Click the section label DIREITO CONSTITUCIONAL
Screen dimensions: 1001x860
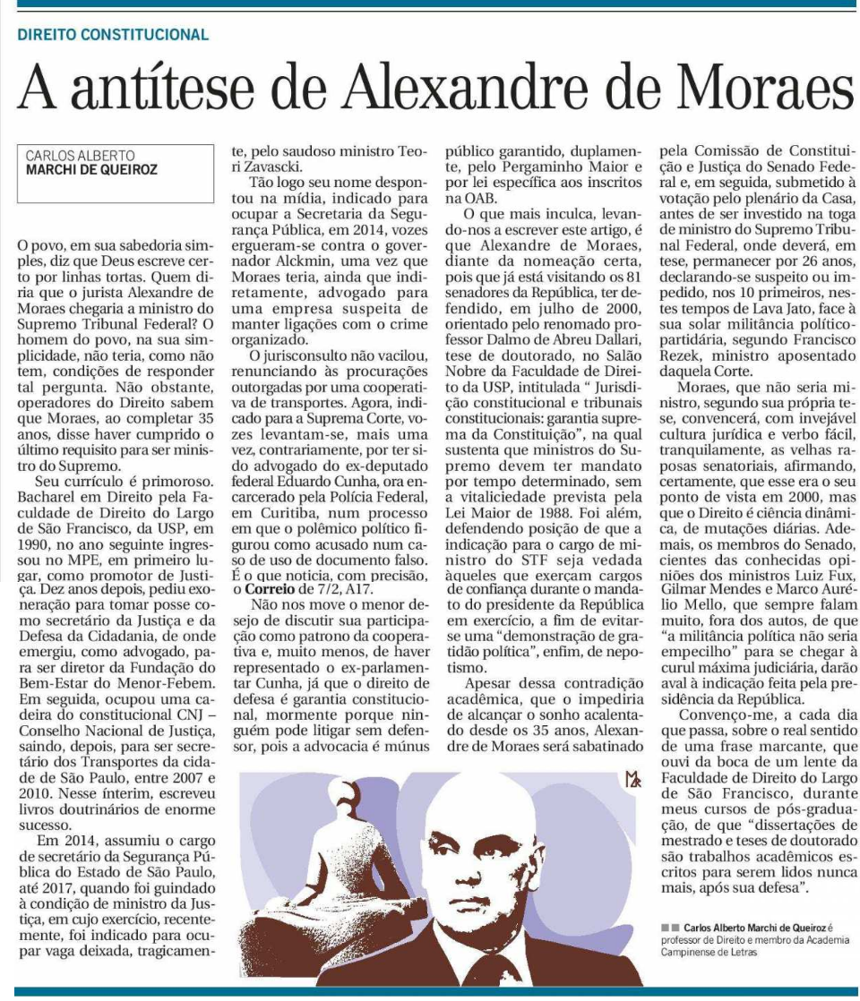[113, 35]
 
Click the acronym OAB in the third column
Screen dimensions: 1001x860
[463, 199]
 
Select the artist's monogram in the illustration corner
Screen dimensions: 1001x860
[634, 781]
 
